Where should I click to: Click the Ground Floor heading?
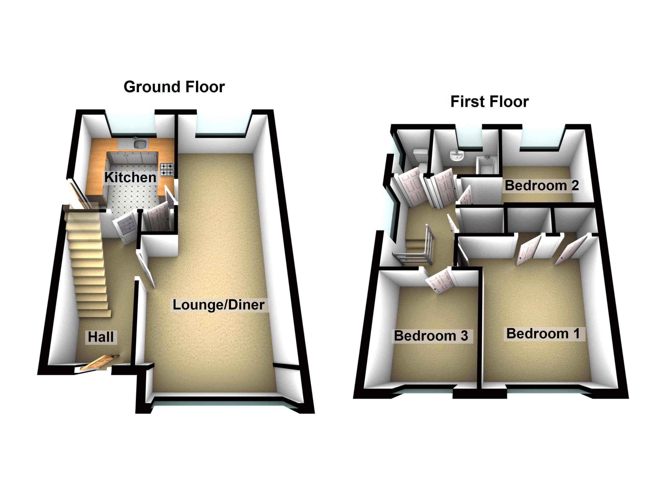point(174,87)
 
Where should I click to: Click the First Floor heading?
point(490,101)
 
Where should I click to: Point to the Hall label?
point(101,337)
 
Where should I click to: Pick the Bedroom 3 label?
point(431,336)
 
